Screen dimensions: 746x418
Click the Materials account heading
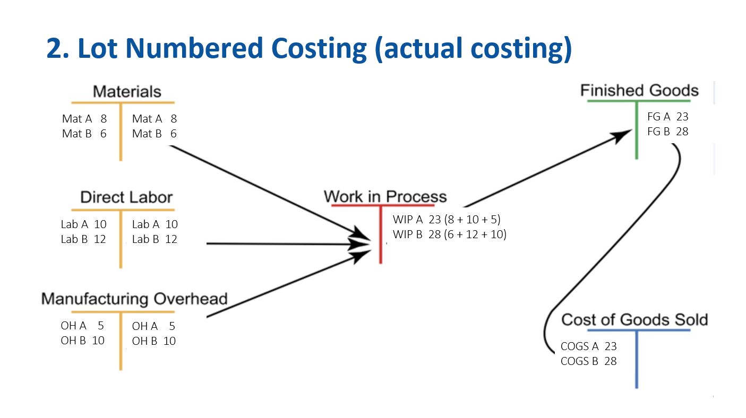(127, 92)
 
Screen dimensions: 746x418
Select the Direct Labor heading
(126, 197)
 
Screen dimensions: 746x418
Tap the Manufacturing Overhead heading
(134, 299)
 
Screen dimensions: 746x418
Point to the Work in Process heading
(385, 196)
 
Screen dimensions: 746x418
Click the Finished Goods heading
(639, 90)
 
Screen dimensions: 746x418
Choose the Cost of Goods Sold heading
(634, 319)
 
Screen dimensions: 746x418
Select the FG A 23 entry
(668, 117)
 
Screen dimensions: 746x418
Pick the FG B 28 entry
(668, 132)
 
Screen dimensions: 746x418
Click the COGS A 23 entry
(588, 346)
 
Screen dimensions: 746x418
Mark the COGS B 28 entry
(588, 361)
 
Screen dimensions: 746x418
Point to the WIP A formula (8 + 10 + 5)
(472, 219)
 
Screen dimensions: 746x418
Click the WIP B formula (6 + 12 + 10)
(475, 234)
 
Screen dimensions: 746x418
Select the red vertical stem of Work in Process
(381, 235)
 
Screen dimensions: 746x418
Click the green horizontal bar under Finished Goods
(639, 101)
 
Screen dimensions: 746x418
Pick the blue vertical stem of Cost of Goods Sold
(637, 360)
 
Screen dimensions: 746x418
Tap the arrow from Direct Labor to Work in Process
(288, 245)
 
